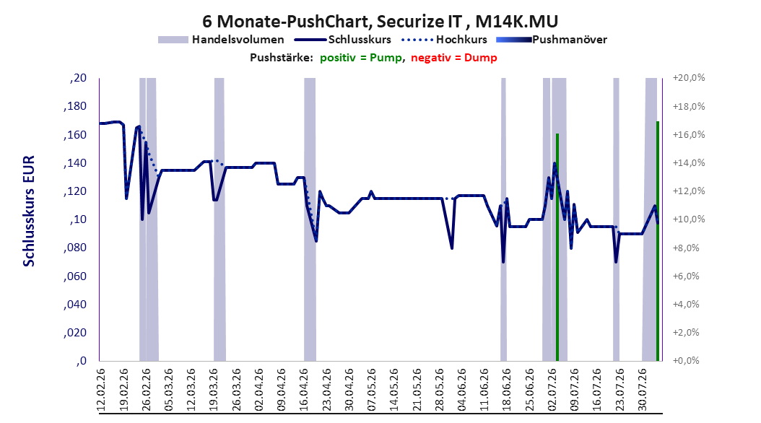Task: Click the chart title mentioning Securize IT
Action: [x=380, y=21]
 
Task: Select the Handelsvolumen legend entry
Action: [x=221, y=40]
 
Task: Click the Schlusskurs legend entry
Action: [x=343, y=40]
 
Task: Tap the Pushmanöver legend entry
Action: [x=552, y=40]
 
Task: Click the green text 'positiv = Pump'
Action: [x=360, y=58]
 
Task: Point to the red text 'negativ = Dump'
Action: [x=454, y=58]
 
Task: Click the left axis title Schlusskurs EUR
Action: [x=29, y=211]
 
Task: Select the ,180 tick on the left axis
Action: [x=75, y=106]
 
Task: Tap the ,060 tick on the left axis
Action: [x=75, y=276]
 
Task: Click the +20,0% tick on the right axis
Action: [x=689, y=78]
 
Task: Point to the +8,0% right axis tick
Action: [x=687, y=248]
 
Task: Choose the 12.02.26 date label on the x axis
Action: [x=101, y=390]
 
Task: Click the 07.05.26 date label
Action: [x=372, y=390]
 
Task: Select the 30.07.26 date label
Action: [x=643, y=390]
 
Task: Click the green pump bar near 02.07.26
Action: [x=557, y=247]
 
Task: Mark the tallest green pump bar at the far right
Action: [x=658, y=241]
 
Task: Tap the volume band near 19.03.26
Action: [x=219, y=219]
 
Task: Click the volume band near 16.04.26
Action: [x=310, y=219]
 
